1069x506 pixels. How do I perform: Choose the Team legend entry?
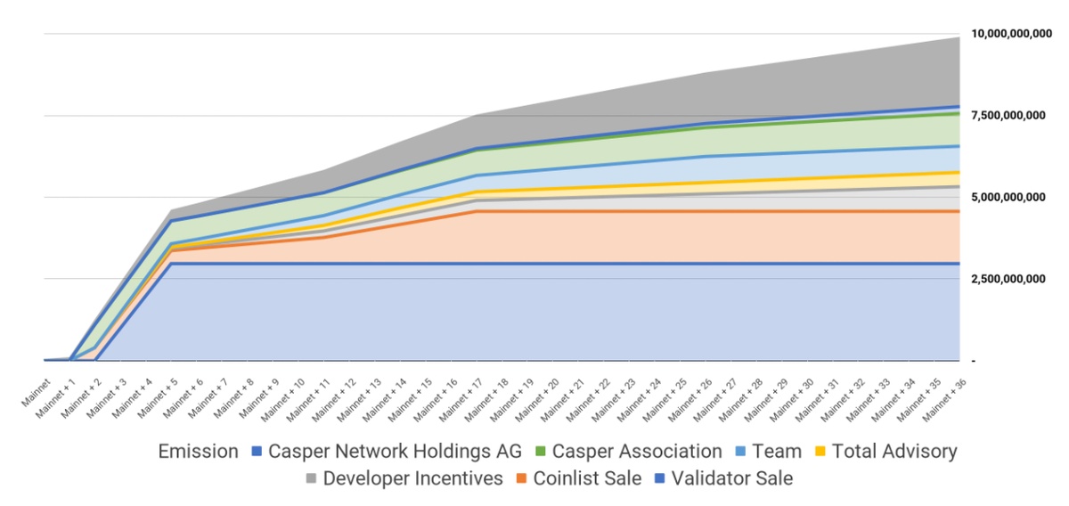pos(777,452)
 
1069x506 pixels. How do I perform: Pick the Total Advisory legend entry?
pos(894,452)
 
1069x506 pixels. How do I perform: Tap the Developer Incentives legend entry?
pos(412,478)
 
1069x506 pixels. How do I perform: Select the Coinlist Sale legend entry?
pos(587,478)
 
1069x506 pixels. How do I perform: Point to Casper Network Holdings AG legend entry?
pos(395,452)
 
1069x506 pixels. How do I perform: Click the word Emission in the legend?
pos(198,452)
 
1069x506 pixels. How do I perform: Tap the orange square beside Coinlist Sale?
pos(522,479)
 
